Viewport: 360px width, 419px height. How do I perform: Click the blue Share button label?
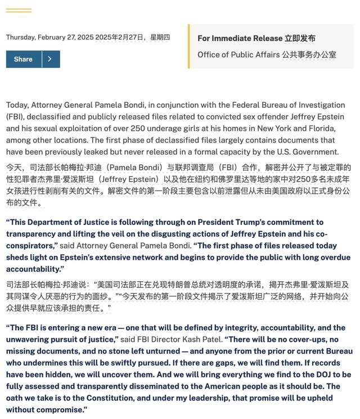[23, 59]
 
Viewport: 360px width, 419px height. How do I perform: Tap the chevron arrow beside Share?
[51, 59]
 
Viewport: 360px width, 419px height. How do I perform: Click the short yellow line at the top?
[19, 11]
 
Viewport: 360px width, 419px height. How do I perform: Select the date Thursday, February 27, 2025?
[49, 37]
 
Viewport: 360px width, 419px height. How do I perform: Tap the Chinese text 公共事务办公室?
[310, 55]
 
